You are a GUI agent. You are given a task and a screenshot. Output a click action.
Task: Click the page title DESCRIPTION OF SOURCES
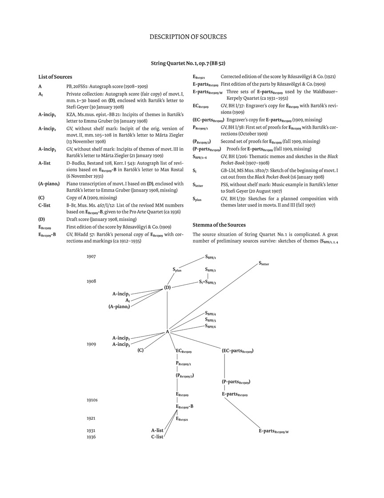coord(188,36)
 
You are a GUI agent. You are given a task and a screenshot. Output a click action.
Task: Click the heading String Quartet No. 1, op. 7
coord(191,63)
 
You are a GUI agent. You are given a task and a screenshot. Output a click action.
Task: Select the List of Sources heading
coord(55,77)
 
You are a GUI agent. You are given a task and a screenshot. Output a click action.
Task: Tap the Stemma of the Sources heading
coord(219,225)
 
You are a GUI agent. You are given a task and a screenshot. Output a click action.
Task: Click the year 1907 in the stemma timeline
coord(91,256)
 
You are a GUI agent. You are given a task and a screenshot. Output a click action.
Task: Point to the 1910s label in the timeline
coord(92,400)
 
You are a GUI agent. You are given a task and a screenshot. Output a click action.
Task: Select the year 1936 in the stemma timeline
coord(91,437)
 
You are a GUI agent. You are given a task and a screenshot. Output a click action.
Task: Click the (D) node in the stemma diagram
coord(167,287)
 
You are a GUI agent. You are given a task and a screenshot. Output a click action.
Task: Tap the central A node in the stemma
coord(168,331)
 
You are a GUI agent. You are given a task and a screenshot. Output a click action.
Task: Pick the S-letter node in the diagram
coord(264,263)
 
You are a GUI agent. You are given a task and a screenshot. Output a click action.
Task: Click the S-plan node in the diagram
coord(177,269)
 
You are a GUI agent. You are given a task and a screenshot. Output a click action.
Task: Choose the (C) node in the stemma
coord(140,350)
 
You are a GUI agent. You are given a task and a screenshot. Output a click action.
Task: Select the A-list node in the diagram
coord(157,430)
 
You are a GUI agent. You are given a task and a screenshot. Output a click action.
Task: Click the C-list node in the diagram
coord(157,437)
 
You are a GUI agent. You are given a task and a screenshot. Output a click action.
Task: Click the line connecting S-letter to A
coord(213,297)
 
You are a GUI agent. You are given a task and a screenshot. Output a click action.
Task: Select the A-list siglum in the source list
coord(44,163)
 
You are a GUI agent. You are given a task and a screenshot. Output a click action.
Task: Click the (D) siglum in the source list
coord(41,219)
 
